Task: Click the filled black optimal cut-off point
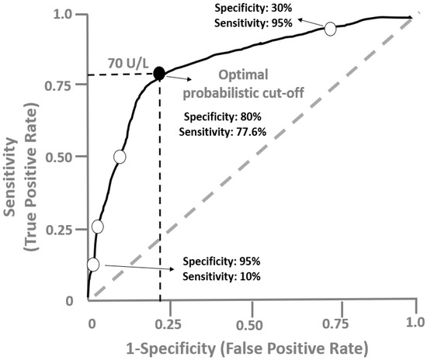click(x=159, y=74)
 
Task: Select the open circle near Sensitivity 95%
click(x=330, y=29)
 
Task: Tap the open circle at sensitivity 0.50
click(x=119, y=156)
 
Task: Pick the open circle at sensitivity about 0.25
click(x=98, y=227)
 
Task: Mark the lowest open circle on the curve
click(x=93, y=264)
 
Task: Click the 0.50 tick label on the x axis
click(x=252, y=321)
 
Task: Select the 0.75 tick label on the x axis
click(x=333, y=321)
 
